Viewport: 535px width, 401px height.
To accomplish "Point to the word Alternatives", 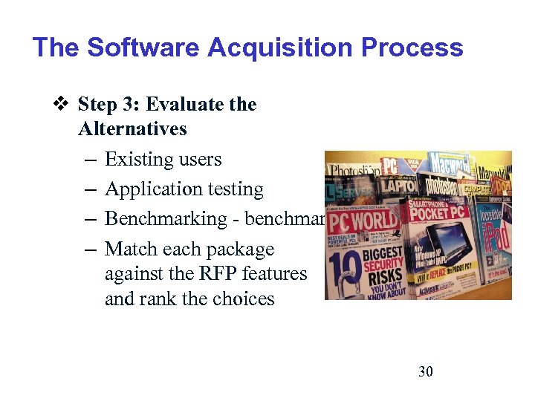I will [132, 128].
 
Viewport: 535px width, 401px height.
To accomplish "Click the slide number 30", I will [426, 371].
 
